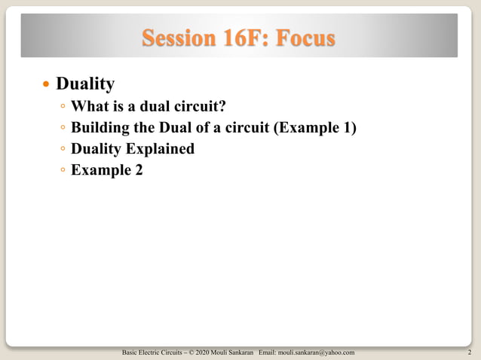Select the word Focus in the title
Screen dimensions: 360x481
pyautogui.click(x=305, y=37)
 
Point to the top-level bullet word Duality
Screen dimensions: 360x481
pyautogui.click(x=85, y=81)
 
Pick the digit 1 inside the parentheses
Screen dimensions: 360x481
pyautogui.click(x=346, y=127)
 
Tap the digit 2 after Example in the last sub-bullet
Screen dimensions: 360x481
pyautogui.click(x=138, y=169)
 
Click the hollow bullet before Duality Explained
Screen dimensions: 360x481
pyautogui.click(x=63, y=149)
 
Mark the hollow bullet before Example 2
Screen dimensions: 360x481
pyautogui.click(x=63, y=170)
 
